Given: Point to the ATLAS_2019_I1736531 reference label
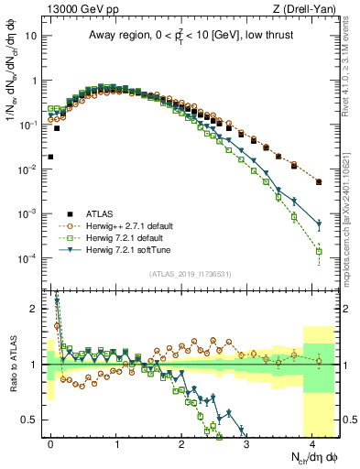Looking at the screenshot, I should coord(192,274).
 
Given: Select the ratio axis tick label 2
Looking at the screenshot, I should coord(35,308).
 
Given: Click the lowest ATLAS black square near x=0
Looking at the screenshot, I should coord(50,157).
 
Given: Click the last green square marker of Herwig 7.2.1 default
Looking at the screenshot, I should coord(319,251).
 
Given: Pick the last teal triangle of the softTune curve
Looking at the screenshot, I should coord(319,224).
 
